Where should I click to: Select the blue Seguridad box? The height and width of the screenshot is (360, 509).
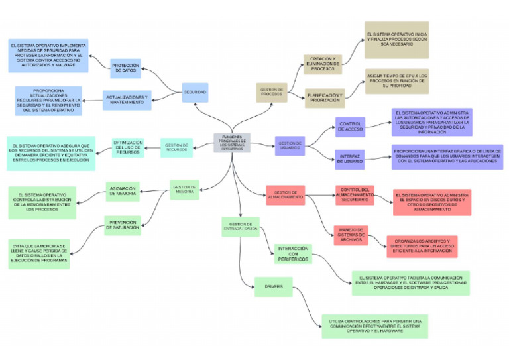pyautogui.click(x=195, y=92)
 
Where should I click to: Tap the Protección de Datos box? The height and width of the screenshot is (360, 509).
pyautogui.click(x=125, y=69)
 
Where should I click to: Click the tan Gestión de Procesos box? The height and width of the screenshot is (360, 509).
pyautogui.click(x=272, y=92)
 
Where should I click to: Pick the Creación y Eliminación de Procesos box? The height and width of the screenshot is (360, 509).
pyautogui.click(x=323, y=64)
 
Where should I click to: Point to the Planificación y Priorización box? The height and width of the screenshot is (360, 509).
pyautogui.click(x=324, y=98)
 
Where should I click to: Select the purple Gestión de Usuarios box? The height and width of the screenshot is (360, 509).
pyautogui.click(x=290, y=146)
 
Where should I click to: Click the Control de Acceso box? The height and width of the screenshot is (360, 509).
pyautogui.click(x=351, y=127)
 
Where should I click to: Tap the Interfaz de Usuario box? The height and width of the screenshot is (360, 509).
pyautogui.click(x=351, y=159)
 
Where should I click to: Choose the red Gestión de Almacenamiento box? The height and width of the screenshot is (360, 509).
pyautogui.click(x=285, y=194)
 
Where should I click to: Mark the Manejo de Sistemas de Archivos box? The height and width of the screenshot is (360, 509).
pyautogui.click(x=351, y=235)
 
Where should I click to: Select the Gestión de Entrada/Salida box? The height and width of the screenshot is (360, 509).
pyautogui.click(x=241, y=227)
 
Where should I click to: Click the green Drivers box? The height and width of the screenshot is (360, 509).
pyautogui.click(x=273, y=287)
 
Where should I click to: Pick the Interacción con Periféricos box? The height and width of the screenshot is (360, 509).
pyautogui.click(x=292, y=253)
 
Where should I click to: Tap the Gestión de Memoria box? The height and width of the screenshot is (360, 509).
pyautogui.click(x=184, y=190)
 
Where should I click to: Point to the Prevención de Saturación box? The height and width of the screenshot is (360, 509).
pyautogui.click(x=123, y=225)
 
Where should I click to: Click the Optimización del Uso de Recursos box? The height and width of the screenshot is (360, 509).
pyautogui.click(x=128, y=147)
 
